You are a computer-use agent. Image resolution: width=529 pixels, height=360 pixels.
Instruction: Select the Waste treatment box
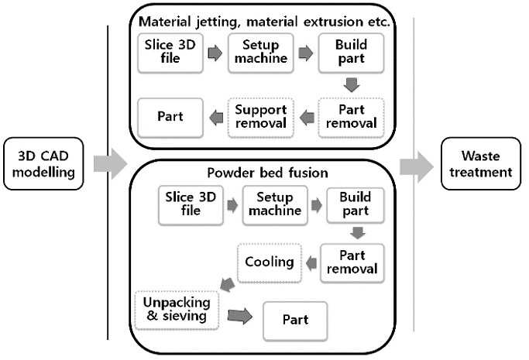[x=479, y=163]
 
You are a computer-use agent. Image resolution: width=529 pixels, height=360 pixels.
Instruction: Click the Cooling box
[x=268, y=262]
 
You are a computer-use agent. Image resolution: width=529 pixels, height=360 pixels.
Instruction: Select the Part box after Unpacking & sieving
[x=295, y=320]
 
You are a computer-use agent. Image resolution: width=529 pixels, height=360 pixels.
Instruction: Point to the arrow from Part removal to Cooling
[x=310, y=262]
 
